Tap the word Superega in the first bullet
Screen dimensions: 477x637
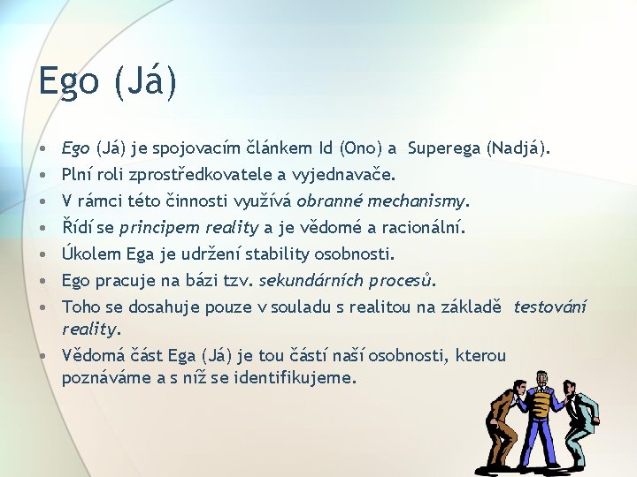[x=444, y=148]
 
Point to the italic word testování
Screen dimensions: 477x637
[x=550, y=307]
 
